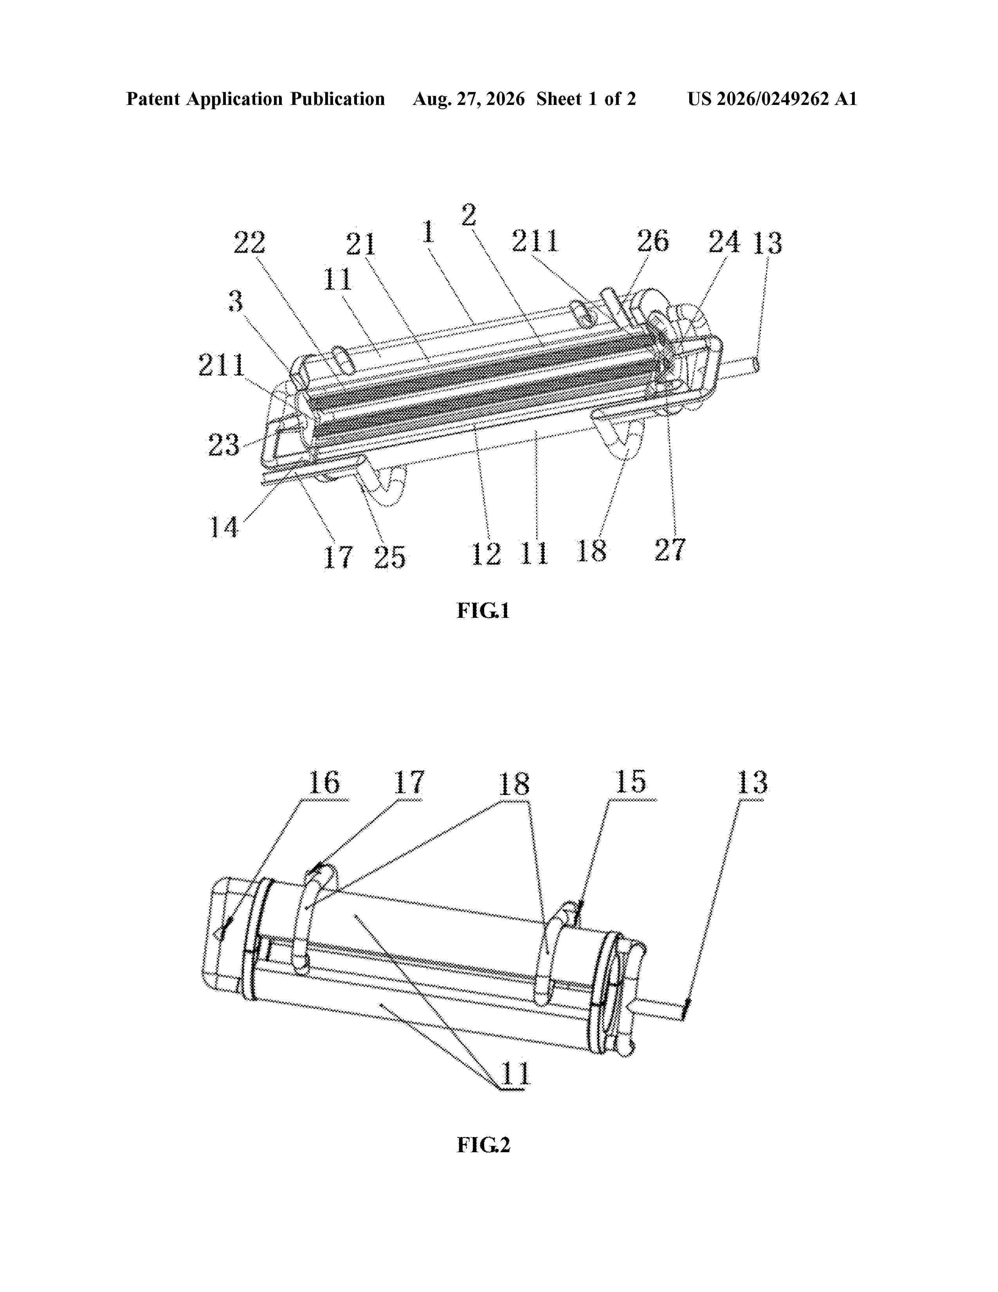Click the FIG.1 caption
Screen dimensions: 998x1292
pyautogui.click(x=483, y=610)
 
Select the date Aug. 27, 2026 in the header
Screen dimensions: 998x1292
pyautogui.click(x=468, y=99)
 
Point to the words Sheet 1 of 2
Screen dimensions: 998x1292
pyautogui.click(x=586, y=99)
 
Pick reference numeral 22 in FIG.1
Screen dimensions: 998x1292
pyautogui.click(x=250, y=243)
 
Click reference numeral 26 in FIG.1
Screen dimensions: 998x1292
pyautogui.click(x=653, y=241)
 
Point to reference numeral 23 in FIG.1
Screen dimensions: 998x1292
pyautogui.click(x=223, y=445)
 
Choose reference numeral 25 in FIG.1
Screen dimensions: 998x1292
pyautogui.click(x=390, y=557)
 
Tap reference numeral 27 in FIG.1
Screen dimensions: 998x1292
pyautogui.click(x=670, y=549)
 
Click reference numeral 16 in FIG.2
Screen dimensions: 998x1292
pyautogui.click(x=324, y=783)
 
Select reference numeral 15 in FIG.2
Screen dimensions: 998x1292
pyautogui.click(x=631, y=781)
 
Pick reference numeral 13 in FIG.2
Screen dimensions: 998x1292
pyautogui.click(x=752, y=782)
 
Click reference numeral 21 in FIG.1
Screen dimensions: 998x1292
pyautogui.click(x=361, y=244)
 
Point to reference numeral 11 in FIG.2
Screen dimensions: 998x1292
pyautogui.click(x=515, y=1073)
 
